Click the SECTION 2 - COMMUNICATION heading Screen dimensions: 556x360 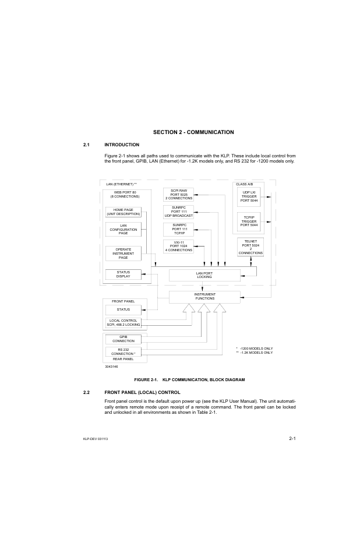click(x=193, y=132)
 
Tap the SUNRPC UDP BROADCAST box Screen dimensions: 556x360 click(x=178, y=212)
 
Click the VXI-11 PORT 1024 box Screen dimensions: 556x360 click(x=178, y=246)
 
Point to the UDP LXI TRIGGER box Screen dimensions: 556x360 click(x=249, y=196)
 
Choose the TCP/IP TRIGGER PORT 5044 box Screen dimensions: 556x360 click(x=249, y=221)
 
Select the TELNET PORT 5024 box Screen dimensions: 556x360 click(x=250, y=247)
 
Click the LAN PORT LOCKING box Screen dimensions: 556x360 click(x=204, y=275)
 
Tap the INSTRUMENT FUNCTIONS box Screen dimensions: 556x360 click(x=204, y=297)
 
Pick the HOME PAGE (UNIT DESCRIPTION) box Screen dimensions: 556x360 click(x=123, y=212)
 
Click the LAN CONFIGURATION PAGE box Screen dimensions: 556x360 click(x=123, y=230)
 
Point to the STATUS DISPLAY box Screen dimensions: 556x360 click(x=123, y=274)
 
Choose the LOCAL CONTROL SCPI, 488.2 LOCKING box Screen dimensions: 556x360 click(x=123, y=322)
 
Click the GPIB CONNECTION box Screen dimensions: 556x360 click(x=123, y=339)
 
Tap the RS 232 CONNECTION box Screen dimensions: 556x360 click(x=123, y=352)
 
